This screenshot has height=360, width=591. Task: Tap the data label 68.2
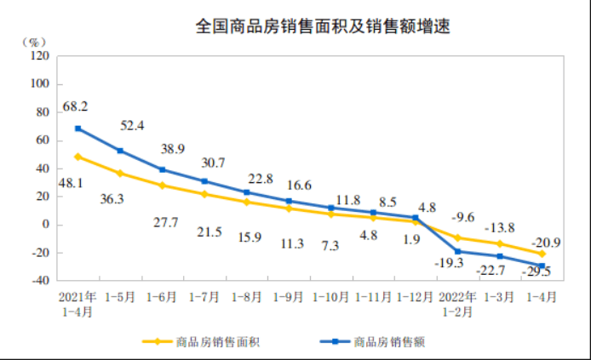[x=75, y=108]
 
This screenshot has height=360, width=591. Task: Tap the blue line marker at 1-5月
[x=121, y=151]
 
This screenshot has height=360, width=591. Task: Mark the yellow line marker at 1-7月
[x=204, y=194]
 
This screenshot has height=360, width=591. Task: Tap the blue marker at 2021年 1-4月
[x=78, y=129]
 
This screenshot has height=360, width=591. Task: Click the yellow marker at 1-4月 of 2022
[x=542, y=254]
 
